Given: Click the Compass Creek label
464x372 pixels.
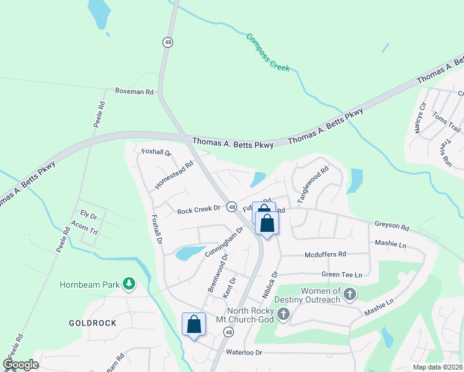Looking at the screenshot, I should coord(268,52).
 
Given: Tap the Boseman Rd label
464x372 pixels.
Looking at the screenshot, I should coord(134,91).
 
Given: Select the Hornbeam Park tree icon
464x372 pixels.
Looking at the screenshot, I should coord(129,284).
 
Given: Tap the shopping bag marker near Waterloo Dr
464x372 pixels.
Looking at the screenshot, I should coord(194,324).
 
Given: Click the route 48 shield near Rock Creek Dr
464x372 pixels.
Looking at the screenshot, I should coord(231,206).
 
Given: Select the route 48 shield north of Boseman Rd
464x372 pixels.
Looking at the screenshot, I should coord(168,42).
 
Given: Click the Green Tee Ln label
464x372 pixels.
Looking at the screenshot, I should coord(341,274).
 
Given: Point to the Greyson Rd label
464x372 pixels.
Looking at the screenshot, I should coord(392,227).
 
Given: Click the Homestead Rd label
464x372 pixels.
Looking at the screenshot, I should coord(174,175).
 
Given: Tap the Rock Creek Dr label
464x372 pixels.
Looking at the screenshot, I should coord(199,210).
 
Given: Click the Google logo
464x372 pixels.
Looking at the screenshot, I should coord(20,365).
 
